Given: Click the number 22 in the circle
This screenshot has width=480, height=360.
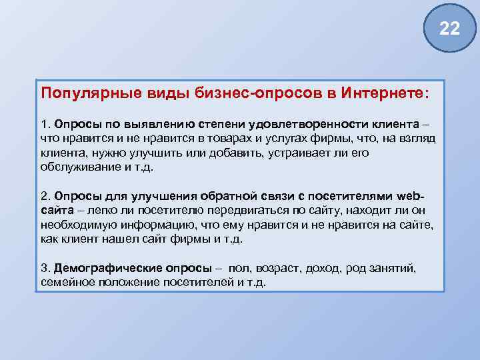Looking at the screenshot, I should click(x=450, y=28).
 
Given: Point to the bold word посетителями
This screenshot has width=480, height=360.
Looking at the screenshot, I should click(x=357, y=197).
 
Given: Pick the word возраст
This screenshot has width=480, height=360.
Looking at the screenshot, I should click(x=277, y=269).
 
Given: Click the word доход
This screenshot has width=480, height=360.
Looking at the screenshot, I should click(x=323, y=269).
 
